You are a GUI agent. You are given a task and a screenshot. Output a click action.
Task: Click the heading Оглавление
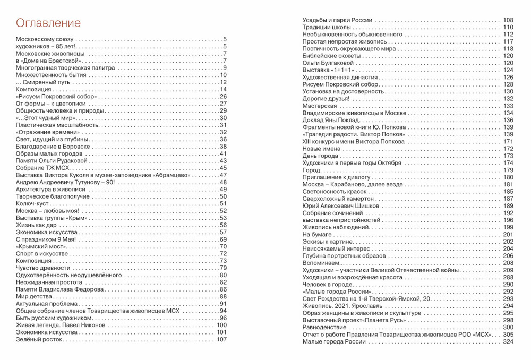pos(48,23)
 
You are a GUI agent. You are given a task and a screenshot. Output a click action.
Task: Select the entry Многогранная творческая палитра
pos(54,67)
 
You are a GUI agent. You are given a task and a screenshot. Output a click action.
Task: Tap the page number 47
pos(224,175)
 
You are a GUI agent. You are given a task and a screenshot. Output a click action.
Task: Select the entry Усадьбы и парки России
pos(337,20)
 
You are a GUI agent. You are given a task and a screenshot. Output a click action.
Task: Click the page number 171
pos(509,142)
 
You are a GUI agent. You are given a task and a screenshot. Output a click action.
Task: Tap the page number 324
pos(509,342)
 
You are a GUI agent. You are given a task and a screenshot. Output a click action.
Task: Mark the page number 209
pos(509,270)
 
